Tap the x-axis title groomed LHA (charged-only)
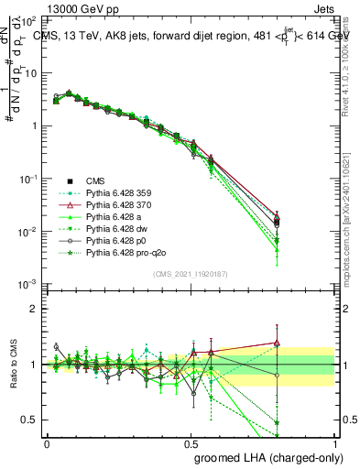point(264,456)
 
